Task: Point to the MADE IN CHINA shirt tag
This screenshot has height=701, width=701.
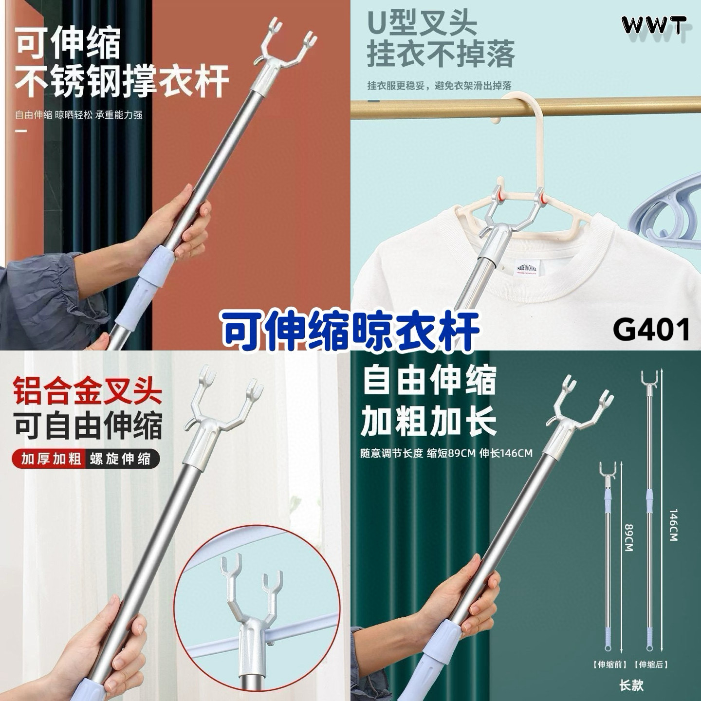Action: click(527, 269)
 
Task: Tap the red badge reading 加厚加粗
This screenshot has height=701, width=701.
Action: click(51, 459)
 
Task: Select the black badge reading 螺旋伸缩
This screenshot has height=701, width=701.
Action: click(120, 459)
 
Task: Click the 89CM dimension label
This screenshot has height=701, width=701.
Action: click(628, 538)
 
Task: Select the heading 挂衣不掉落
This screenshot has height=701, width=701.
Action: click(441, 55)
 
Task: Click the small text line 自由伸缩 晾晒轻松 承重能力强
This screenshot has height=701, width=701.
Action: click(78, 115)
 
